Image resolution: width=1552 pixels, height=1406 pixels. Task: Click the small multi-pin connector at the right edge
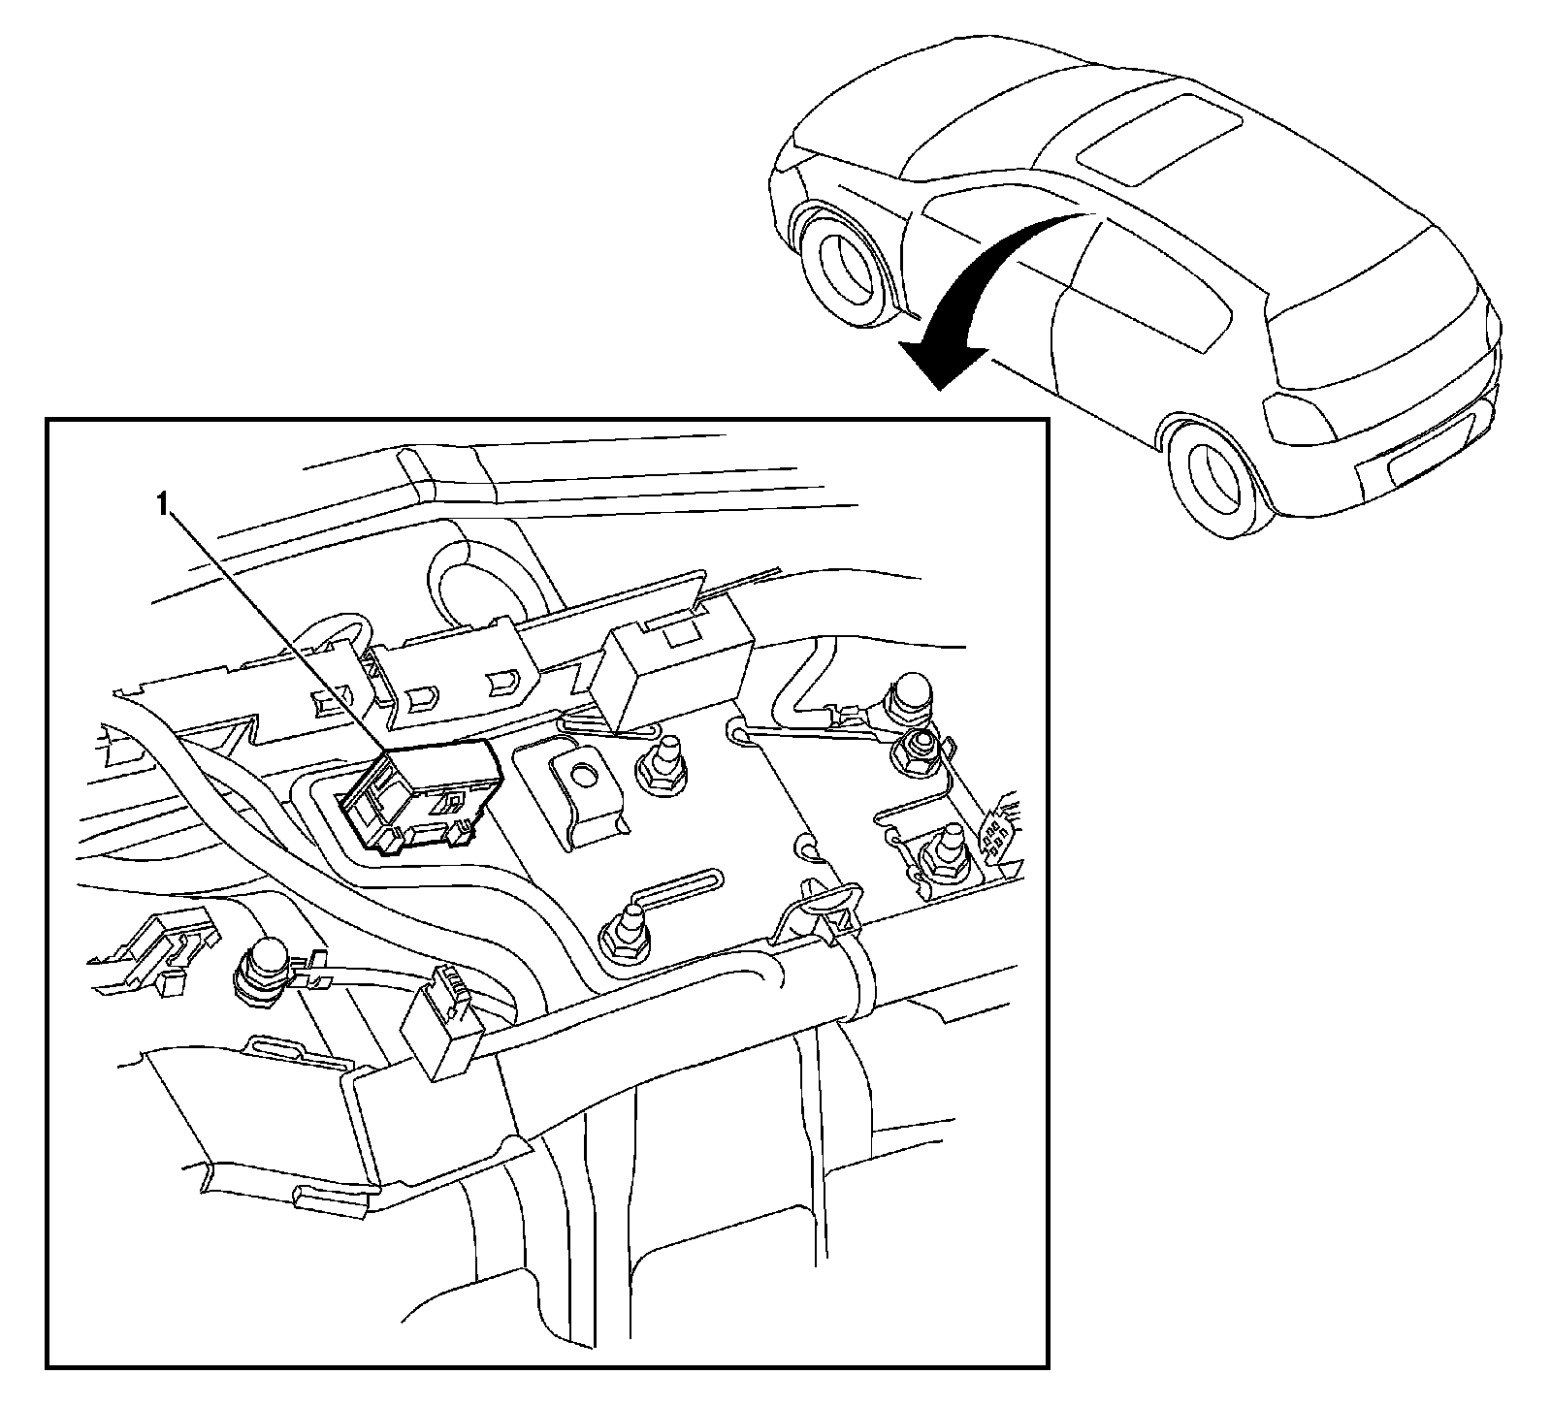coord(999,824)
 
